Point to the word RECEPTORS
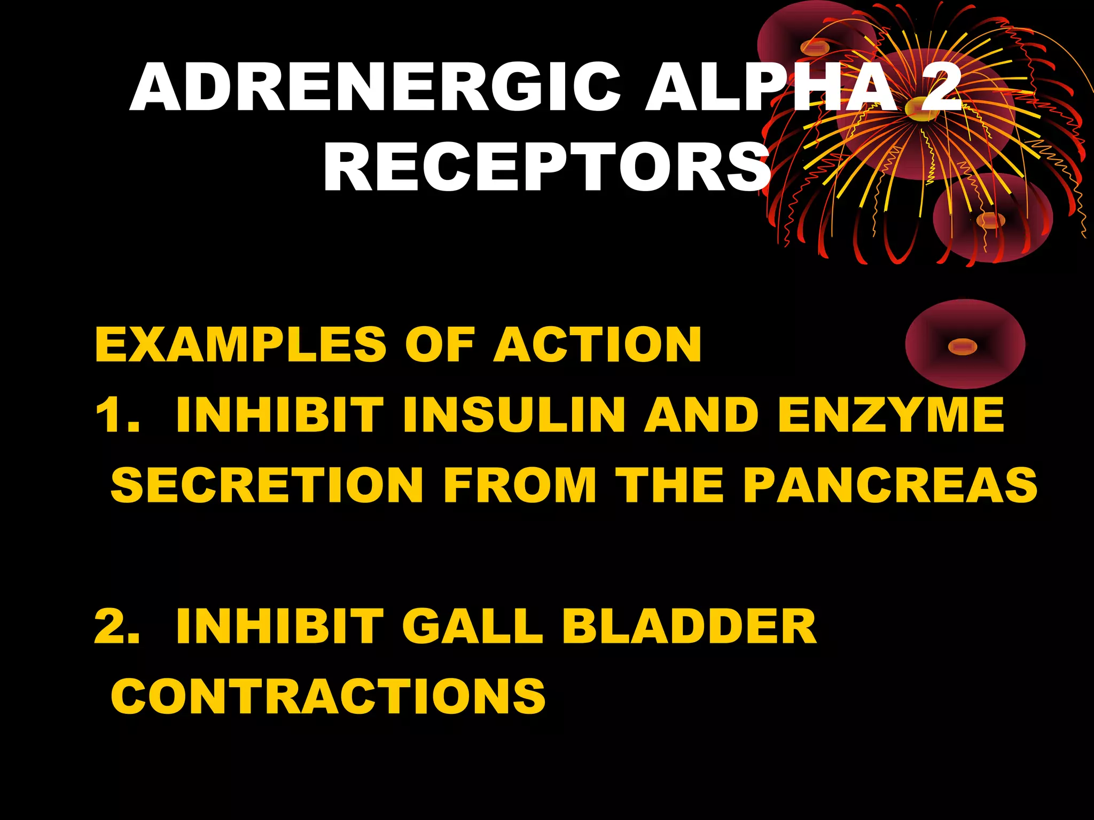pos(546,168)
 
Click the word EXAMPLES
pos(240,345)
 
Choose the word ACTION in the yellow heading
pos(597,345)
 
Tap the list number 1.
pos(116,415)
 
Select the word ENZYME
pos(890,415)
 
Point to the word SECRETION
pos(267,485)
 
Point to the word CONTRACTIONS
pos(328,696)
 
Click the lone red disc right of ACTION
pos(965,344)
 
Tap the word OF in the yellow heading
pos(440,345)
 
